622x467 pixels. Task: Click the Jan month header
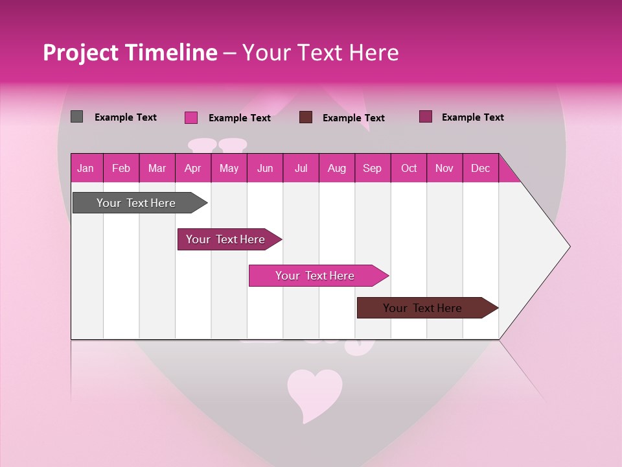[x=86, y=168]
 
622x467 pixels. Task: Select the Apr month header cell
[x=193, y=168]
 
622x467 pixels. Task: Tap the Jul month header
[x=301, y=168]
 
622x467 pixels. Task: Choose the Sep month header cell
[x=373, y=168]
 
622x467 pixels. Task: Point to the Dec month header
[x=480, y=168]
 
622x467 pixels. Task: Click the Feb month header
[x=121, y=168]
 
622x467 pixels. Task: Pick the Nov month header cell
[x=444, y=168]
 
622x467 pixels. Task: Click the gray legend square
[x=77, y=117]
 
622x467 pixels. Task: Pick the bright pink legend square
[x=191, y=117]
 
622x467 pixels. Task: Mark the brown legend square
[x=306, y=117]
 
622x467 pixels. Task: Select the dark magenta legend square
[x=426, y=117]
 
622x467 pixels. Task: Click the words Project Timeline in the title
[x=130, y=53]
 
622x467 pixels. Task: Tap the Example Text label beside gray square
[x=126, y=117]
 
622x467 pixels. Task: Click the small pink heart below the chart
[x=314, y=392]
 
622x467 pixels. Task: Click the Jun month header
[x=265, y=168]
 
